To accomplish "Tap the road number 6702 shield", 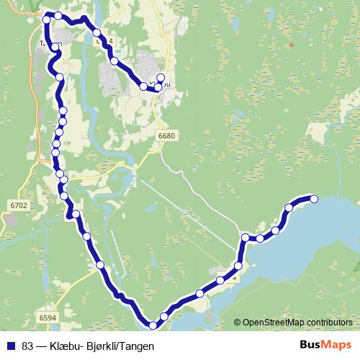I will tap(19, 206).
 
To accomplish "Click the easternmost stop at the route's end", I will tap(314, 199).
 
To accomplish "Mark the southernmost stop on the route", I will tap(153, 326).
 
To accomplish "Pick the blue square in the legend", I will tap(11, 346).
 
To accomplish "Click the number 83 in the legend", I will tap(27, 346).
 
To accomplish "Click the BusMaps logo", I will tap(327, 346).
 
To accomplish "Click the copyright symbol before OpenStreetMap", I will tap(237, 323).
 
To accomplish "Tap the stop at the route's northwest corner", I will tap(47, 19).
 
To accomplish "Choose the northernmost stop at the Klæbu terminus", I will tap(160, 78).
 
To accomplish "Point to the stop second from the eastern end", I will tap(289, 208).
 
